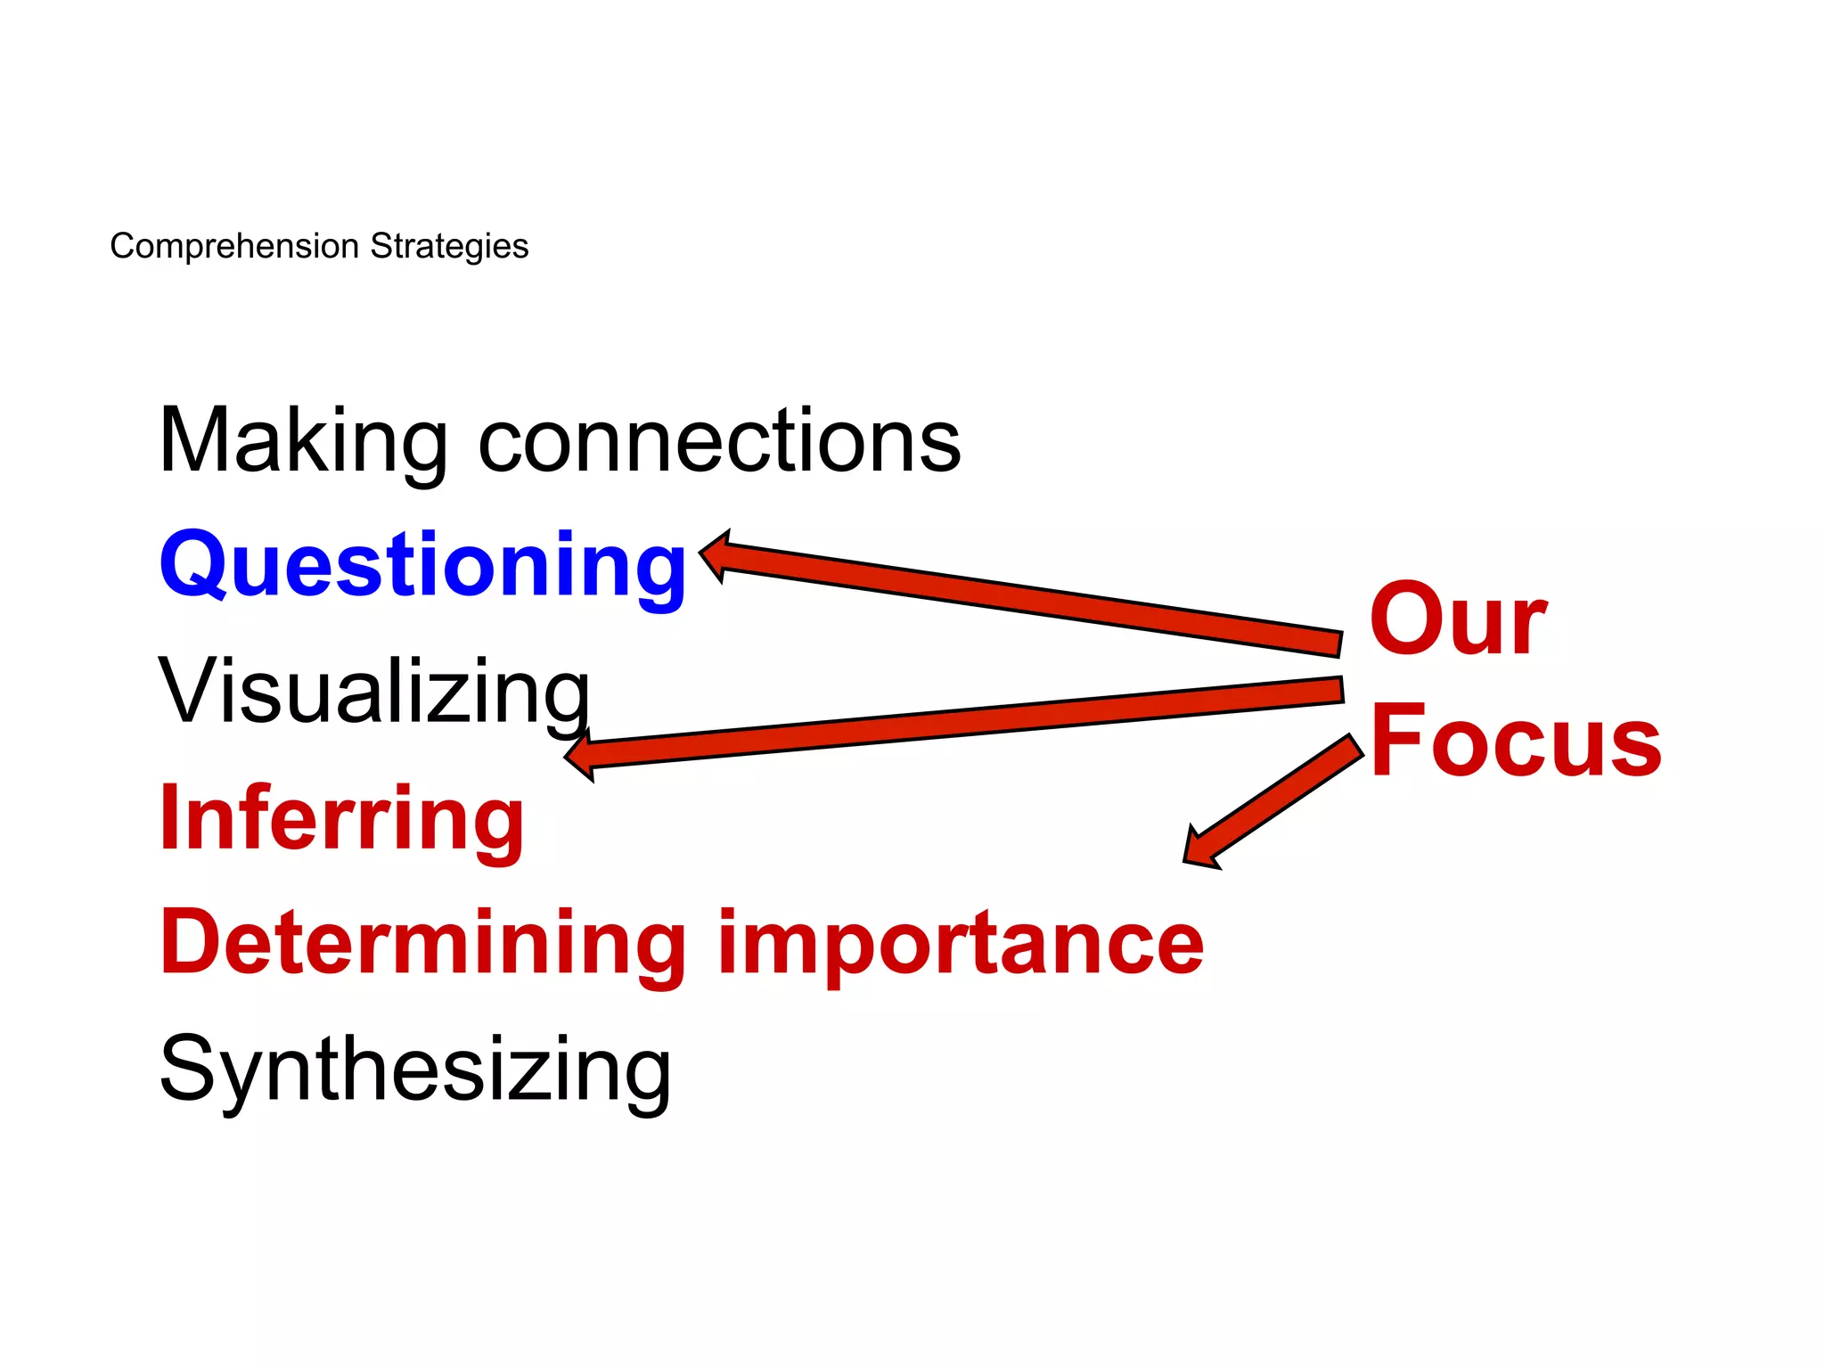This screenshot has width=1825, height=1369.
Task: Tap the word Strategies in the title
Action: [x=449, y=246]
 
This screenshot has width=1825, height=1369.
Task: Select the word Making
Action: [x=303, y=440]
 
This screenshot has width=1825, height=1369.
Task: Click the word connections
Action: [x=719, y=442]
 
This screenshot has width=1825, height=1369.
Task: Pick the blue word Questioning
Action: [x=422, y=565]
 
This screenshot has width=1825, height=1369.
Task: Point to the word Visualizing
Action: [x=374, y=692]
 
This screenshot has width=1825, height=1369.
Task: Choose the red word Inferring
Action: [x=342, y=818]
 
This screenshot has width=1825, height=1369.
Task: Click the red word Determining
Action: [x=422, y=943]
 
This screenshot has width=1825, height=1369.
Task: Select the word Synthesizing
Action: [x=415, y=1070]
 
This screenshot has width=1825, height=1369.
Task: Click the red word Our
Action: [x=1458, y=619]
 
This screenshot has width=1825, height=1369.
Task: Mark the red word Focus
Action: [x=1516, y=742]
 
